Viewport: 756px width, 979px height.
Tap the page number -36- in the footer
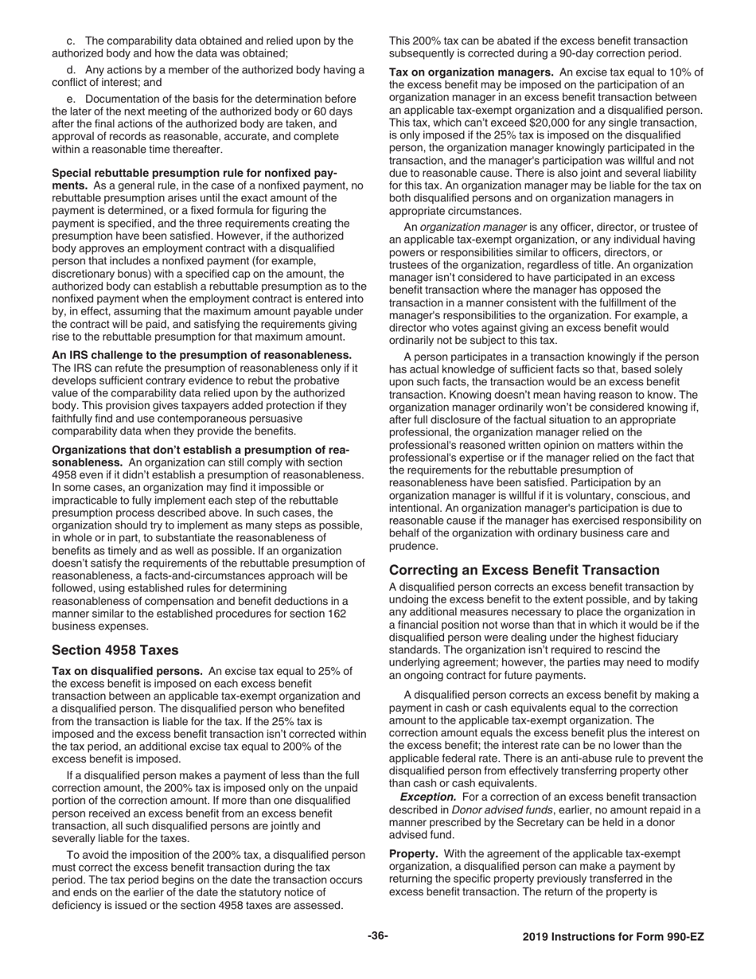point(377,936)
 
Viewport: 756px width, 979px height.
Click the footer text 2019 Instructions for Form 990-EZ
point(613,937)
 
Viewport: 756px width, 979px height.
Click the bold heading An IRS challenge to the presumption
point(202,355)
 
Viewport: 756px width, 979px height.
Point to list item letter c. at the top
point(71,41)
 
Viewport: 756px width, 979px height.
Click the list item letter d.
point(71,69)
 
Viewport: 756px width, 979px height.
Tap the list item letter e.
point(71,99)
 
